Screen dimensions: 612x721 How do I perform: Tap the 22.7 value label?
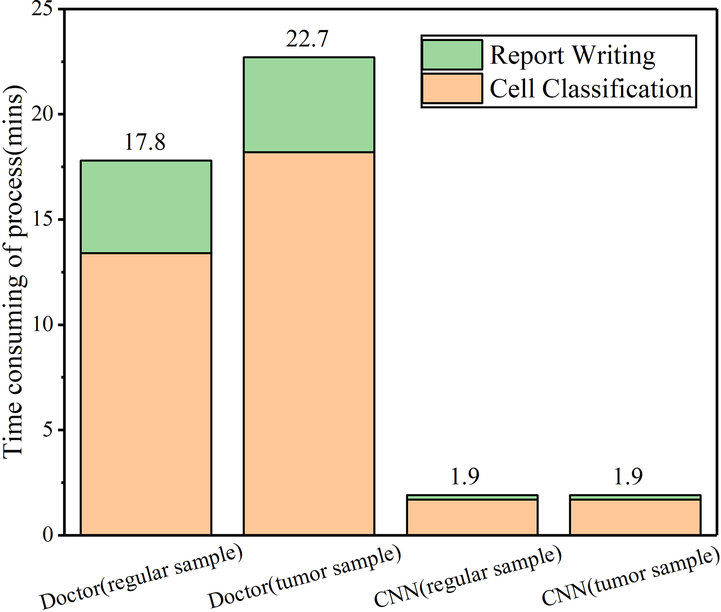(307, 39)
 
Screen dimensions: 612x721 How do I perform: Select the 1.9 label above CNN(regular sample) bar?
(465, 476)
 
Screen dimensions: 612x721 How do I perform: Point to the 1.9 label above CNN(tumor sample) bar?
(628, 476)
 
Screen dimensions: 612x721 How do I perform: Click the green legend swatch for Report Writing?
(452, 55)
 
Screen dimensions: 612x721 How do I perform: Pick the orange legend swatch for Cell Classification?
(452, 89)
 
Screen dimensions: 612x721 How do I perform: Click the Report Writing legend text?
(572, 55)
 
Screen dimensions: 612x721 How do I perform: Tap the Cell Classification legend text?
(591, 89)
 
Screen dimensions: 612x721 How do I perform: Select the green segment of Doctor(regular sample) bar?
(146, 207)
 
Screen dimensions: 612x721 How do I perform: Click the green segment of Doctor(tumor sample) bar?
(309, 105)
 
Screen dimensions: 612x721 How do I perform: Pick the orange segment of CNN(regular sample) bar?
(472, 517)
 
